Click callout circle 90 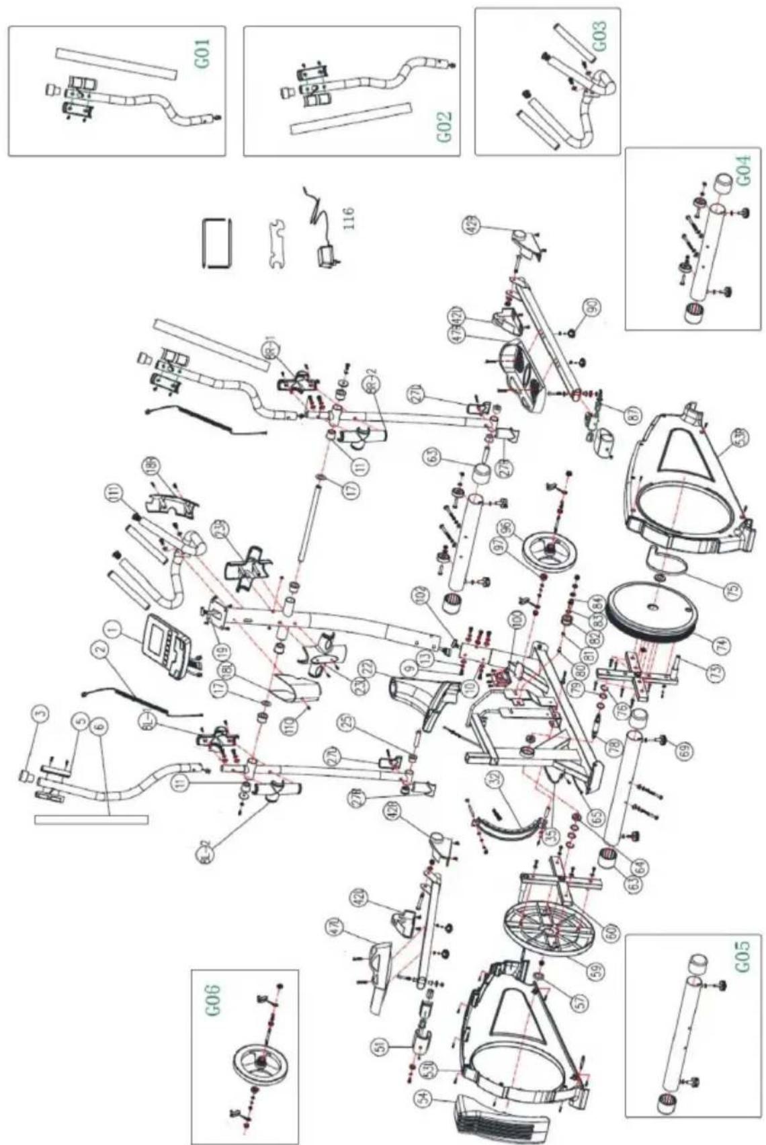(591, 309)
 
